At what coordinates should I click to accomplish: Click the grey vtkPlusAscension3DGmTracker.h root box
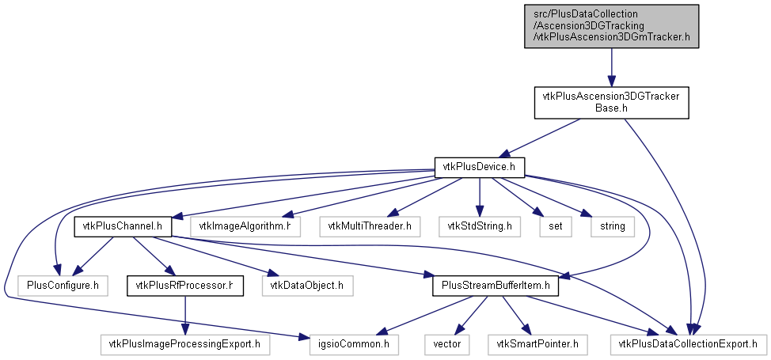point(611,26)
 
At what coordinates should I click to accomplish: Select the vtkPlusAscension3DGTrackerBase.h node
point(611,103)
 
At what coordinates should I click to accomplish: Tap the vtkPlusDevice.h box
point(479,167)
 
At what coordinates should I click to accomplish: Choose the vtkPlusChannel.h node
point(123,227)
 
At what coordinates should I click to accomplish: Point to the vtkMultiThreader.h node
point(370,227)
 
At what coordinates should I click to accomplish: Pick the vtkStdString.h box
point(480,227)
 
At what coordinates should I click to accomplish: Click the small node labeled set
point(556,227)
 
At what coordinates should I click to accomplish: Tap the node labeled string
point(612,227)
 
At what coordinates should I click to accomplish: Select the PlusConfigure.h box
point(62,286)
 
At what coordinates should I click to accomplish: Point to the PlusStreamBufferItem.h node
point(496,286)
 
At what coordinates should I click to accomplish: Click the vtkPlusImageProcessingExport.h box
point(185,344)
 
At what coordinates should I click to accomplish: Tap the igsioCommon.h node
point(354,344)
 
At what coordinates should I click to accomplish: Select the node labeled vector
point(447,344)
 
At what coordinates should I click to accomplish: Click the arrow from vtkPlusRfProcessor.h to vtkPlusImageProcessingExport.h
point(185,315)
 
